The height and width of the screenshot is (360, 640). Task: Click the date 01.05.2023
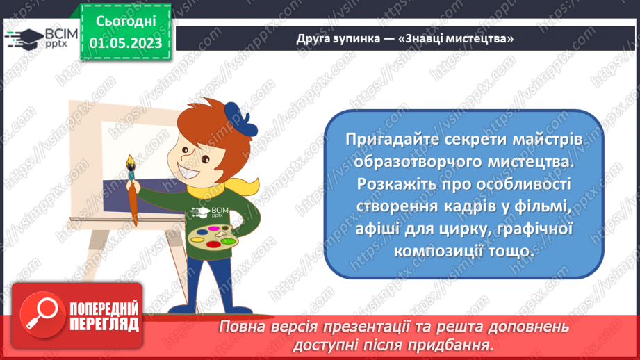pyautogui.click(x=125, y=42)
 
